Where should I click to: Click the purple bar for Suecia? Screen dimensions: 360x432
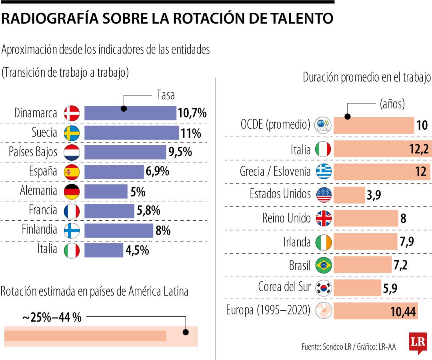coord(131,132)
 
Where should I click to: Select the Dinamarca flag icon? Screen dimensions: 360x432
coord(72,113)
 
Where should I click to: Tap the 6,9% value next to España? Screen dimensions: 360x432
coord(157,172)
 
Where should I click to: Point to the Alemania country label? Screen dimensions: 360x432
coord(39,190)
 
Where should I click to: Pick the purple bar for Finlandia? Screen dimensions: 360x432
coord(118,230)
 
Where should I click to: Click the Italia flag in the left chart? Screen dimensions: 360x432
coord(72,250)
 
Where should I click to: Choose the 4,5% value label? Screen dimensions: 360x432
coord(137,250)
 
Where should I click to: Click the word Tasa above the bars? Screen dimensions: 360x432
coord(165,95)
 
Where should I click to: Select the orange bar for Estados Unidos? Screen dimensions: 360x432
coord(349,195)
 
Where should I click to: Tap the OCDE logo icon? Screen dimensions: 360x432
coord(323,125)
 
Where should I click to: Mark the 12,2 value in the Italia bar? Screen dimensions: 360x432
coord(418,150)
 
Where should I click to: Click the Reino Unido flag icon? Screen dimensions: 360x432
coord(324,218)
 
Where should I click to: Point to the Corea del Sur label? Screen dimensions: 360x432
coord(284,287)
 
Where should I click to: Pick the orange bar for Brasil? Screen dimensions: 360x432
coord(362,264)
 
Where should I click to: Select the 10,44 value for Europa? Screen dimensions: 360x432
coord(403,311)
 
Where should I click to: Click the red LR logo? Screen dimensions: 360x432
coord(418,342)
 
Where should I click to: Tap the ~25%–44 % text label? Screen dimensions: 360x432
coord(52,318)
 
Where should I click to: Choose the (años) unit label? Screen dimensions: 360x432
coord(392,104)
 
